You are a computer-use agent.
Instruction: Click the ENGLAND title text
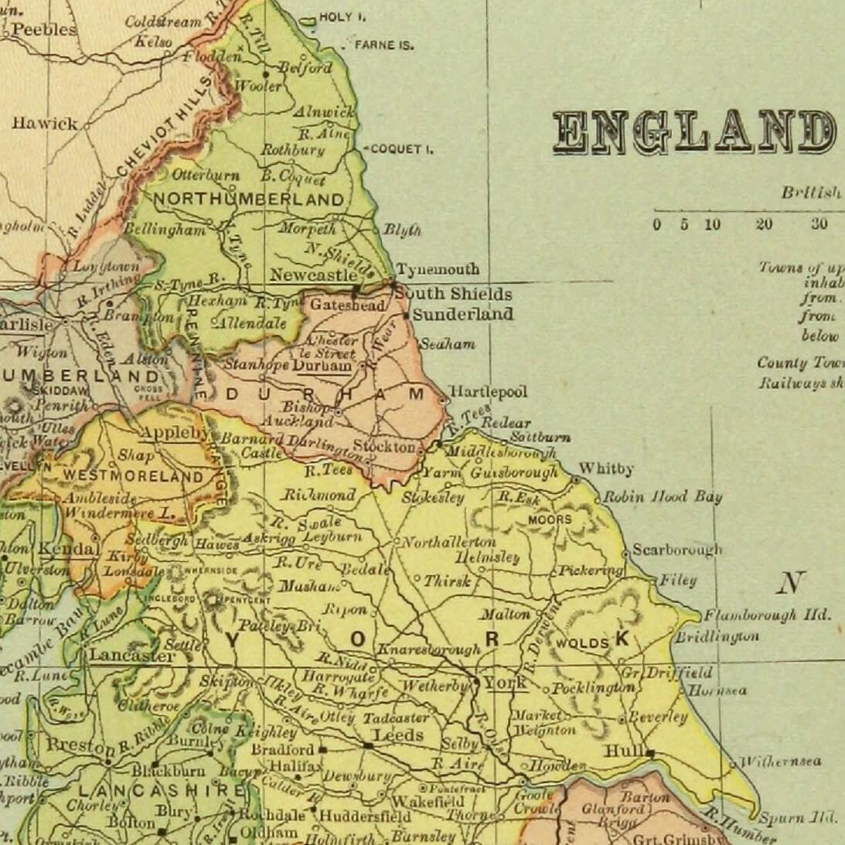693,132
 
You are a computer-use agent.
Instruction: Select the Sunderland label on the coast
462,314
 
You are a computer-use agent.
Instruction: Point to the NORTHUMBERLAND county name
249,199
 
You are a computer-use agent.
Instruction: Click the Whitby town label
605,468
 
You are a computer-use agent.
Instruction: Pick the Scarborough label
676,550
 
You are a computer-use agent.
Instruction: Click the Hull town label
619,751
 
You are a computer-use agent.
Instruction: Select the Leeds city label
398,734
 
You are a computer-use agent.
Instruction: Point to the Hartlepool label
488,392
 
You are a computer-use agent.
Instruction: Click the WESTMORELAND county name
133,476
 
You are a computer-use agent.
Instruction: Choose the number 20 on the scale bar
764,225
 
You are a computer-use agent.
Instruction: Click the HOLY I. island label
342,17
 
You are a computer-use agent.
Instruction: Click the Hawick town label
45,123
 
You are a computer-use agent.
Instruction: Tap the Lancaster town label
131,656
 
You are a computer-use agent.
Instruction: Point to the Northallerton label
448,542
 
